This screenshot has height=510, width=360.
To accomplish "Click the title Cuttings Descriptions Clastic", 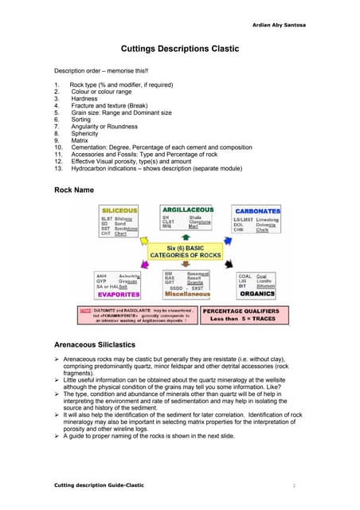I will pos(180,49).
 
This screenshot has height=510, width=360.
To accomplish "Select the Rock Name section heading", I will pos(75,190).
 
